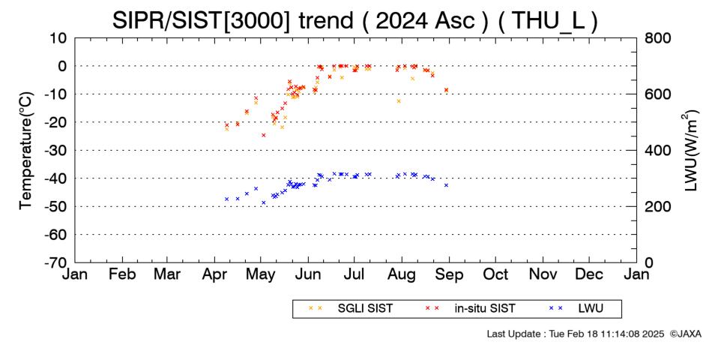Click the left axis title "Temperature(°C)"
27,151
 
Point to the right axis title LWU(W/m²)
690,151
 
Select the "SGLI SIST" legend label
365,309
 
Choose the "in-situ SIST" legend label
485,309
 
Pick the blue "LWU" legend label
591,309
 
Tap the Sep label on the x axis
449,274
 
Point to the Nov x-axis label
543,274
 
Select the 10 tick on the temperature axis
58,38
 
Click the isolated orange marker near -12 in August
399,101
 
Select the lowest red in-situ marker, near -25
263,135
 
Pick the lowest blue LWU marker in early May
263,202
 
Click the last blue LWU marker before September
447,185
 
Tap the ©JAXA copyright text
685,334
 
